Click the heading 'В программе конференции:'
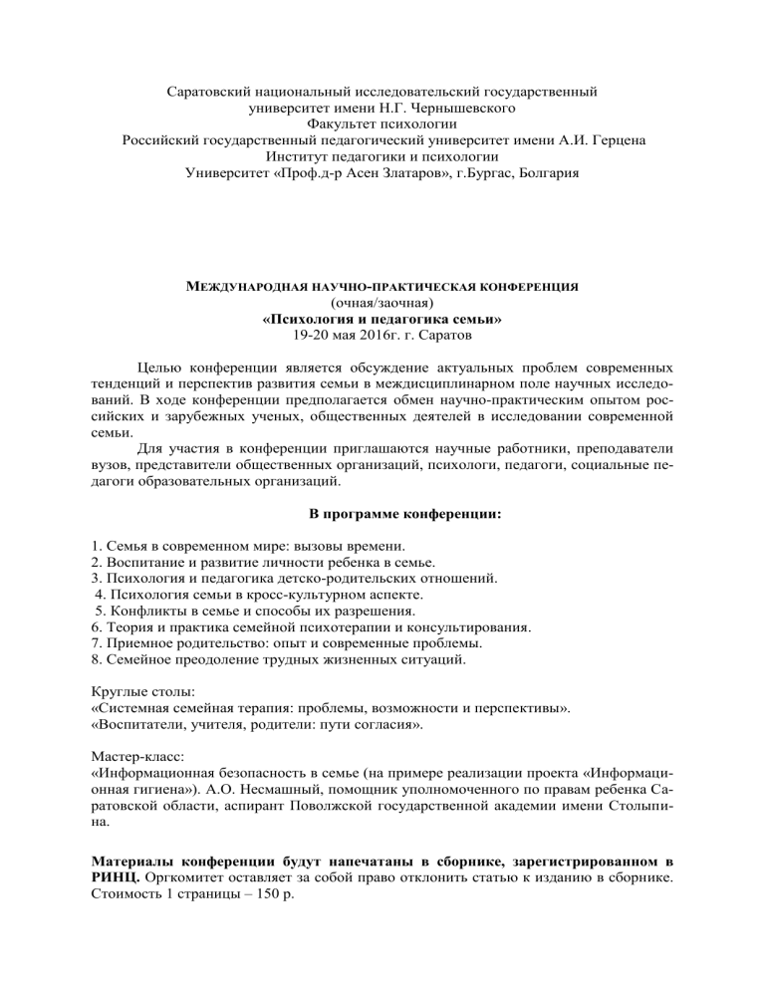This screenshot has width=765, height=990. point(382,513)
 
